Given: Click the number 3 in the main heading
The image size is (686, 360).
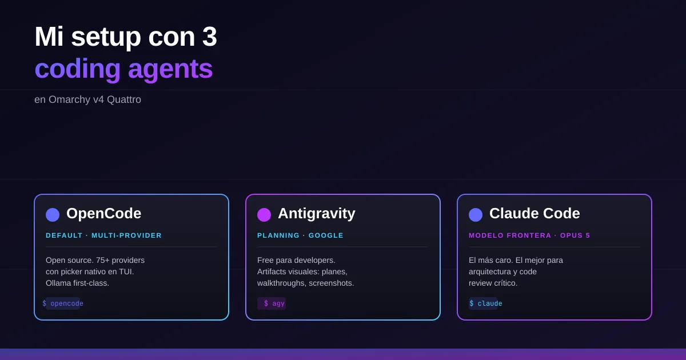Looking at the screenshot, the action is click(209, 37).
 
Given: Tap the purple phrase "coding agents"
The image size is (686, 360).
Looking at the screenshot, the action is click(123, 70).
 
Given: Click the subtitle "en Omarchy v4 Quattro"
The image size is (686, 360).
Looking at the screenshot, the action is click(87, 99).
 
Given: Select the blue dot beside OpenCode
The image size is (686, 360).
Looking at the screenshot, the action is click(53, 215).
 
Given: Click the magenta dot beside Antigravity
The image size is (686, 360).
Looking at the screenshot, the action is click(264, 215).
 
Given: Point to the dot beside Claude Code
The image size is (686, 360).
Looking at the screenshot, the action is click(476, 215).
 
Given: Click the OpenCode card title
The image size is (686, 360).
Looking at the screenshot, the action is click(104, 213).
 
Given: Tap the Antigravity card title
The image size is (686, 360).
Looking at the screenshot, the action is click(317, 214).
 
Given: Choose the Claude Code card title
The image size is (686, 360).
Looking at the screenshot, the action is click(535, 213).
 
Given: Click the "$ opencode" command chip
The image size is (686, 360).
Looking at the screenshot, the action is click(63, 303).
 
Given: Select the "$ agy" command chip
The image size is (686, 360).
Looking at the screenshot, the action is click(272, 303).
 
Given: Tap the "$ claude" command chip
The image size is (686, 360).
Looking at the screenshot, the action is click(485, 303).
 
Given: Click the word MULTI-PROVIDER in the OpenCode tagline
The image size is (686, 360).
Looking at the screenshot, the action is click(126, 235).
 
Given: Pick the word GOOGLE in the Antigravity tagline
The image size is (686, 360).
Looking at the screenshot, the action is click(326, 235).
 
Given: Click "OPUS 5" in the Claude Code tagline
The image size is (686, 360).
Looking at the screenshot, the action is click(575, 235).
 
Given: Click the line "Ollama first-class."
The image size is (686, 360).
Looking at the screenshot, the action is click(78, 283).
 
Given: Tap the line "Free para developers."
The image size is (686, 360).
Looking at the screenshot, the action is click(296, 260).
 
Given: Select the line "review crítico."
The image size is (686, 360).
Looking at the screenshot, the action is click(493, 283).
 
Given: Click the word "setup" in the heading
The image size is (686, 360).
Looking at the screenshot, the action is click(106, 38).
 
